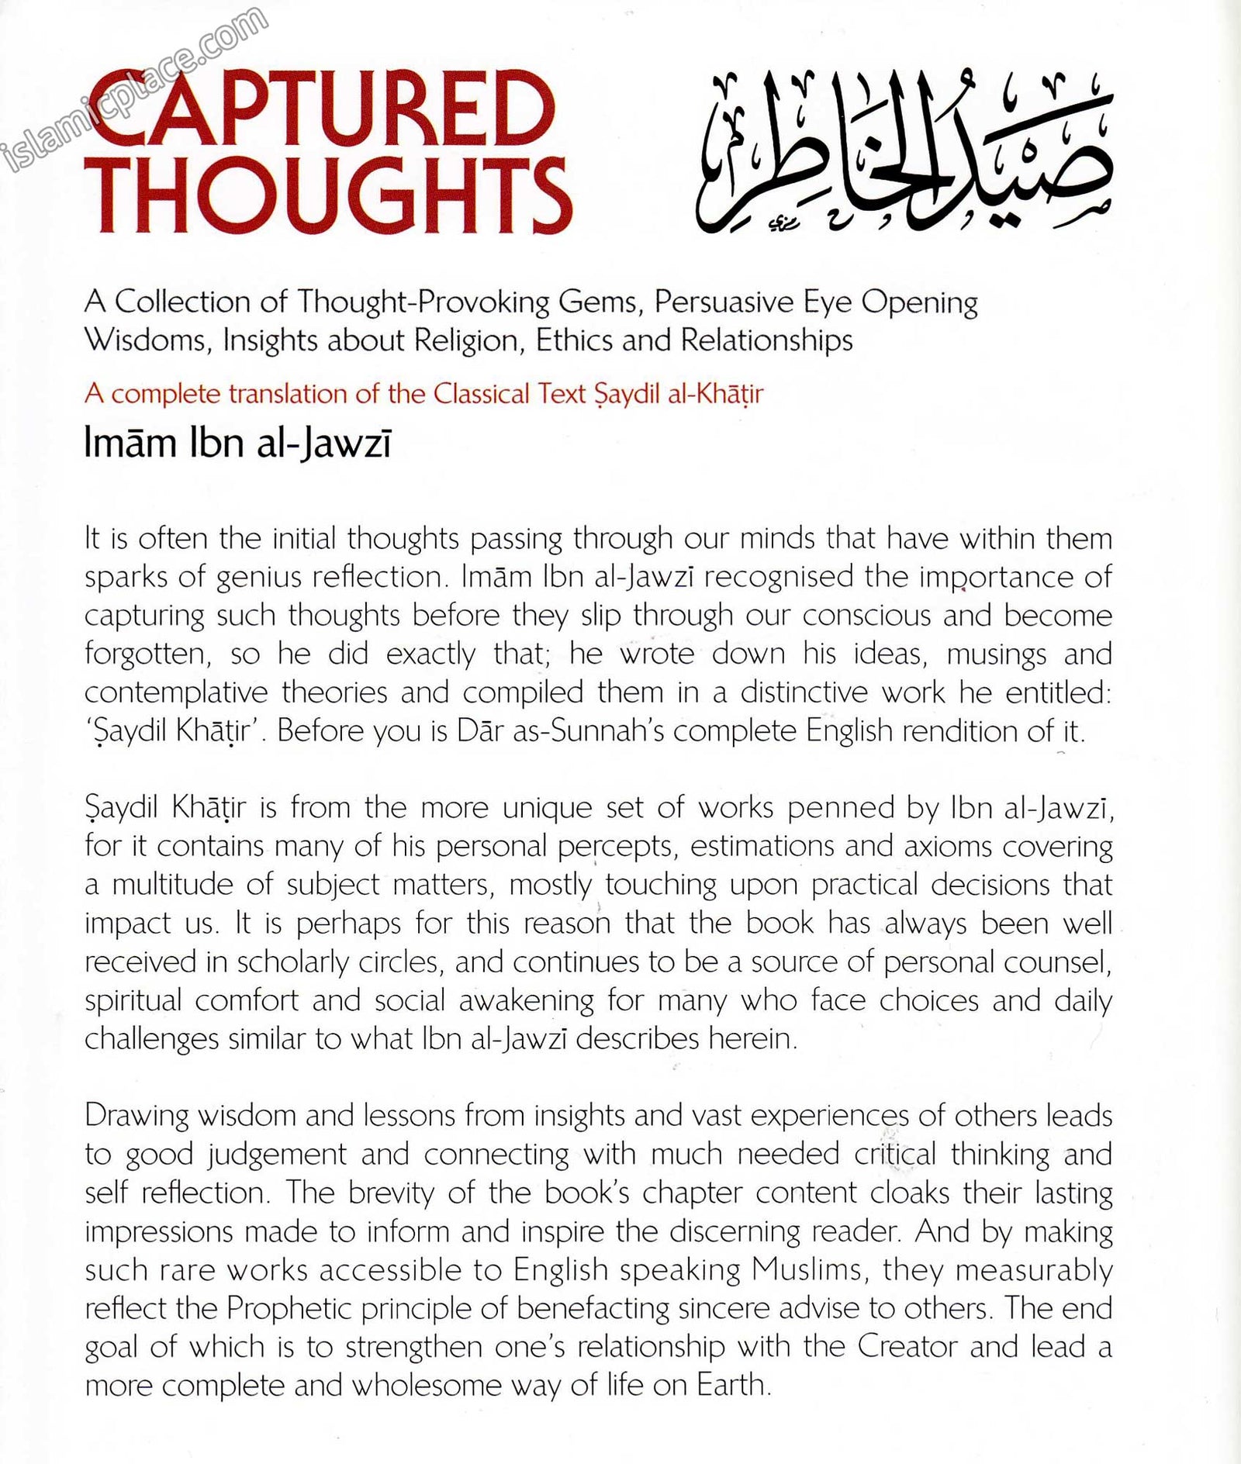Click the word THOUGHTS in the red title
(x=330, y=194)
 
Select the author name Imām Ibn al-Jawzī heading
(x=237, y=446)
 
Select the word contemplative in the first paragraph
(x=176, y=693)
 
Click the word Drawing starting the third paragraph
(x=137, y=1117)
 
